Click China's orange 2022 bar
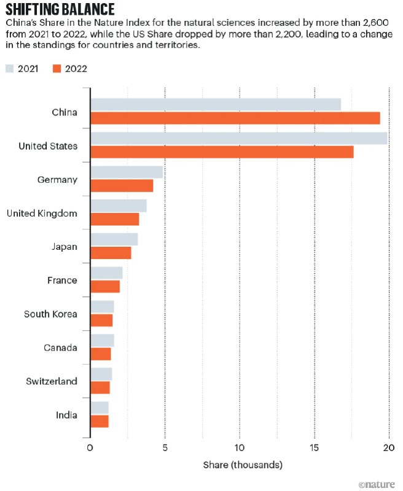(235, 118)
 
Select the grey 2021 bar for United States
(239, 138)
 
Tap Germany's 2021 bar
(127, 172)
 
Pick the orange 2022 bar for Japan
(111, 253)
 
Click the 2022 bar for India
(100, 421)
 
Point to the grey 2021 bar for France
(106, 273)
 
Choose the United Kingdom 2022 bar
(115, 219)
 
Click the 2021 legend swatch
(11, 69)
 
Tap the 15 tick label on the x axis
(315, 447)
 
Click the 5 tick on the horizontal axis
(165, 447)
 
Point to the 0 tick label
(90, 447)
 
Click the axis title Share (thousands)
(243, 465)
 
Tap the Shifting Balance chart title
(60, 9)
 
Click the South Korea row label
(50, 314)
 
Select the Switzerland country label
(52, 381)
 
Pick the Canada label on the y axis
(60, 348)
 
